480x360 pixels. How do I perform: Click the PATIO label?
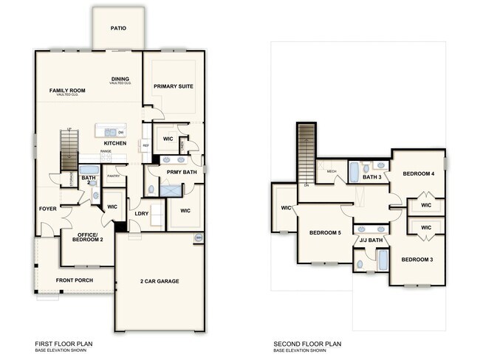pos(118,28)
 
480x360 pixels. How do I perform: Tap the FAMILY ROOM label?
pos(67,91)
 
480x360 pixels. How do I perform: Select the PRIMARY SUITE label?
pos(174,86)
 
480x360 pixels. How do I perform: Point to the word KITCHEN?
pos(114,142)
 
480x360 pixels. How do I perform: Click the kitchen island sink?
pos(109,132)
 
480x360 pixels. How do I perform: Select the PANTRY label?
pos(113,176)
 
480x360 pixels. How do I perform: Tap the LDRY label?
pos(141,214)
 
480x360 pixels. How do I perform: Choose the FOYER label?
pos(48,209)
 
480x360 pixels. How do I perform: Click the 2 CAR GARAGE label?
pos(159,281)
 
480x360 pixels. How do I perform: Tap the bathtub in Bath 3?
pos(355,172)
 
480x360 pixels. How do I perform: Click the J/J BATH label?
pos(370,240)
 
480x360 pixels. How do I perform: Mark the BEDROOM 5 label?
pos(325,233)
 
